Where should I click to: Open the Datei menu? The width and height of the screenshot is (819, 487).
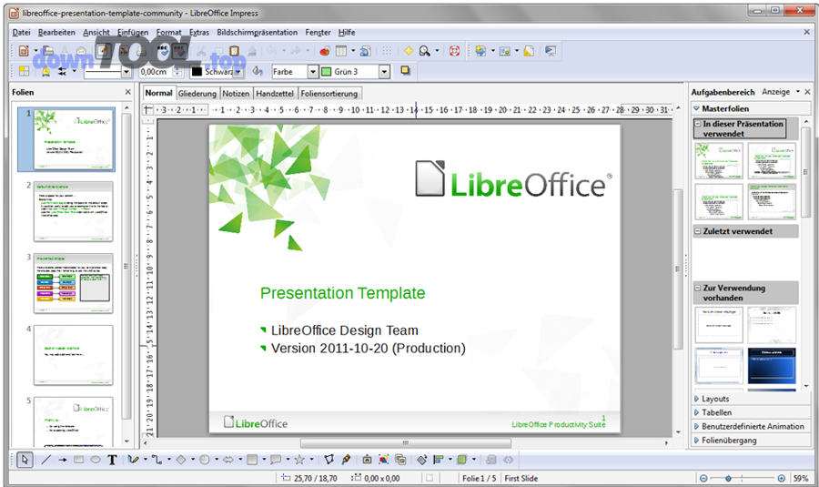[x=21, y=32]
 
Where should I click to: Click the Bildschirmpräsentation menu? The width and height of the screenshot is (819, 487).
[x=258, y=32]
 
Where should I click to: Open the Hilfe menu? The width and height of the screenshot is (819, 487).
[x=347, y=32]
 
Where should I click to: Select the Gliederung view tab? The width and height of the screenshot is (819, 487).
[x=197, y=94]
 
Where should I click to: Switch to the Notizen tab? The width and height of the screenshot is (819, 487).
[x=236, y=94]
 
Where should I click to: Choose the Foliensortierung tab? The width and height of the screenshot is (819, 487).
[x=330, y=94]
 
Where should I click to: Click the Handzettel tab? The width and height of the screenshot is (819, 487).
[x=274, y=94]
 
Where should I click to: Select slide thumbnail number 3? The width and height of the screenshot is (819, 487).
[x=73, y=282]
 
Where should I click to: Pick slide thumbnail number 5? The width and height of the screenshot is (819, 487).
[x=73, y=421]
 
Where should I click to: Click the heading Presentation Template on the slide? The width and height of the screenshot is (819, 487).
[x=342, y=293]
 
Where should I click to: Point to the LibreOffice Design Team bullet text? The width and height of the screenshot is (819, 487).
[x=344, y=330]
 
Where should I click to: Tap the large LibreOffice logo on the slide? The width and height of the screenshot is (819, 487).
[x=511, y=179]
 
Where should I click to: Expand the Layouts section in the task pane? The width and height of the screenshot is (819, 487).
[x=715, y=399]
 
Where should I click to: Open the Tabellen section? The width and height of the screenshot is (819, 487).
[x=717, y=412]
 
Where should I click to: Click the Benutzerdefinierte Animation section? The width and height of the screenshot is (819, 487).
[x=753, y=426]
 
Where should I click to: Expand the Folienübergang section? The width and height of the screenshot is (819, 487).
[x=729, y=441]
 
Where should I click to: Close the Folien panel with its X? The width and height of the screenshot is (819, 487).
[x=127, y=92]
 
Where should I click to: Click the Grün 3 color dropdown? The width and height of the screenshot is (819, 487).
[x=384, y=71]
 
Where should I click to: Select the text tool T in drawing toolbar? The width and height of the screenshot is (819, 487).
[x=112, y=460]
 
